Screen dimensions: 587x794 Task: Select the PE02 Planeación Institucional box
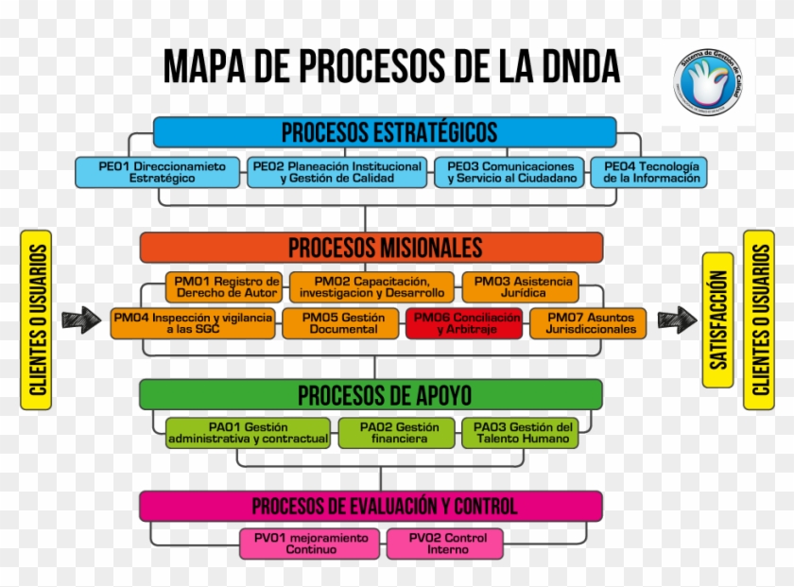tap(337, 172)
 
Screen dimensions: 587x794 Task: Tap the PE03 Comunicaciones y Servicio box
tap(510, 172)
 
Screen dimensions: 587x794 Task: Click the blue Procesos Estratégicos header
tap(385, 131)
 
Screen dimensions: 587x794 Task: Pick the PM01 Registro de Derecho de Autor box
tap(226, 286)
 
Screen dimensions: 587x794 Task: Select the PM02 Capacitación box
tap(372, 286)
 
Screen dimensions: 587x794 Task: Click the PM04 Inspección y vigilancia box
tap(193, 323)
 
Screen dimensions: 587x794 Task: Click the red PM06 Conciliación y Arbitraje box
tap(465, 323)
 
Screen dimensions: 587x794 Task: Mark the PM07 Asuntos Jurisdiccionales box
tap(589, 323)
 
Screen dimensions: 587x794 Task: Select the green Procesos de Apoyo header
tap(371, 394)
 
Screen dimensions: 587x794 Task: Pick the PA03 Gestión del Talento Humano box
tap(521, 433)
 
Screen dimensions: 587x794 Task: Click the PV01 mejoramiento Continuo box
tap(311, 544)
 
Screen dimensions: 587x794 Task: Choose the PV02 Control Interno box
tap(445, 544)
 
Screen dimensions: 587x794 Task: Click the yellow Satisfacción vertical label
tap(718, 320)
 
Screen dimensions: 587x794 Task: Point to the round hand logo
tap(708, 83)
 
